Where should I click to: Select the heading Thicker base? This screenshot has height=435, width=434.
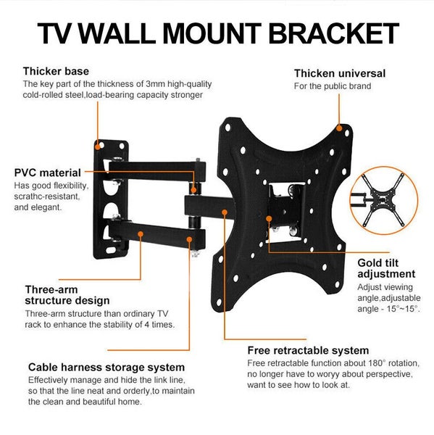[x=56, y=71]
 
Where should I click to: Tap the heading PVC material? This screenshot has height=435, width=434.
[x=48, y=173]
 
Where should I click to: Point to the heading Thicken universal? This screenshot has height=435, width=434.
[x=339, y=73]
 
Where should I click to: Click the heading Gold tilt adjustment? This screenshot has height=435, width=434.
[x=386, y=268]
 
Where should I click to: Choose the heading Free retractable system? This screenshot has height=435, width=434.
[x=308, y=350]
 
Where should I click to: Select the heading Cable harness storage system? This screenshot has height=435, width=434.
[x=106, y=368]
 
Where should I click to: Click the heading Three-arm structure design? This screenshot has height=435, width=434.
[x=67, y=294]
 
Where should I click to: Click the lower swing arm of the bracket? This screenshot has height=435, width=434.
[x=152, y=236]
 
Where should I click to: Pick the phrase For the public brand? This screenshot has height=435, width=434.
[x=332, y=86]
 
